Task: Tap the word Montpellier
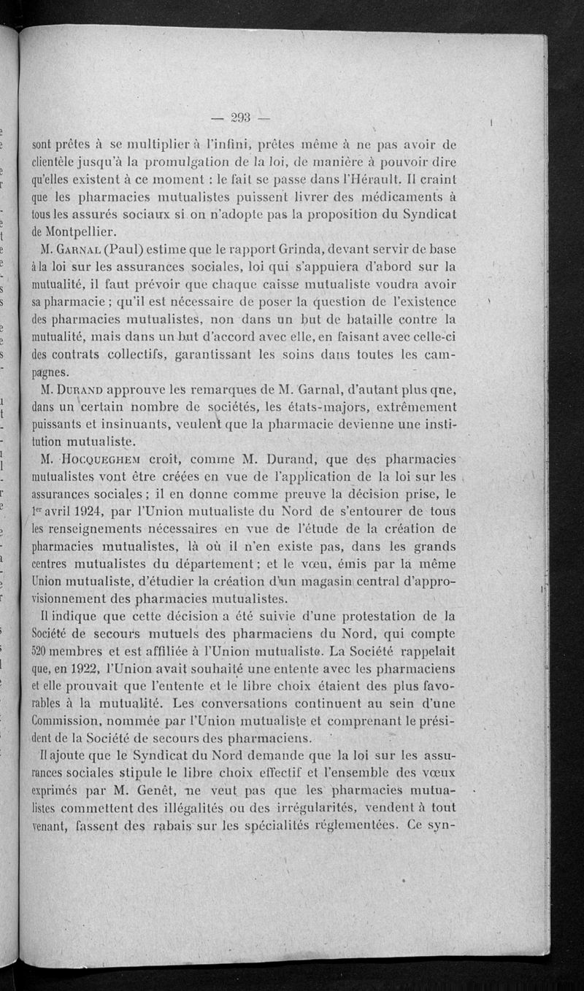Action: [x=83, y=231]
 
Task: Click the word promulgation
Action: [x=185, y=163]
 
